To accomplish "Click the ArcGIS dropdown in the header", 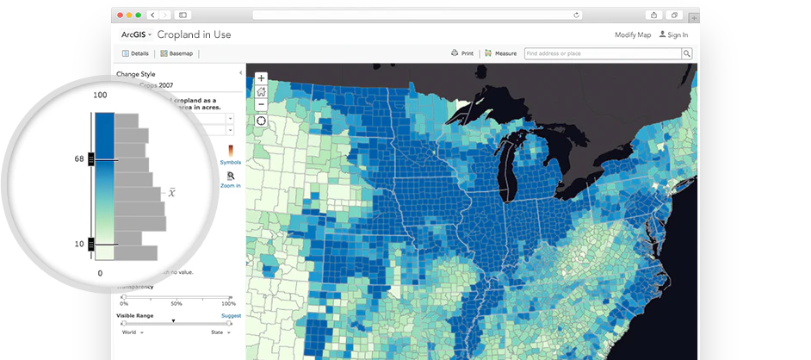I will tap(136, 34).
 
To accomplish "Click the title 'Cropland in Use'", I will tap(194, 34).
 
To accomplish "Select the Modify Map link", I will tap(632, 35).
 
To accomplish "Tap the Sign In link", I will tap(673, 35).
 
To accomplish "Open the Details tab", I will tap(135, 53).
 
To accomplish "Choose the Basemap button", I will tap(176, 53).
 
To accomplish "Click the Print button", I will tap(463, 53).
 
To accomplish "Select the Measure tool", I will tap(500, 53).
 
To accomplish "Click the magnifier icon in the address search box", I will tap(686, 53).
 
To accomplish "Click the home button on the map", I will tap(261, 91).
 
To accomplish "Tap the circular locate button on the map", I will tap(261, 121).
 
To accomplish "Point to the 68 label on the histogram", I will tap(78, 159).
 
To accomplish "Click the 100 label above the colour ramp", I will tap(100, 95).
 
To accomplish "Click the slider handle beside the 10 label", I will tap(103, 245).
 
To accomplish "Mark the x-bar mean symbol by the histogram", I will tap(172, 192).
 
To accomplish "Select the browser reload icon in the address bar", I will tap(576, 15).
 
